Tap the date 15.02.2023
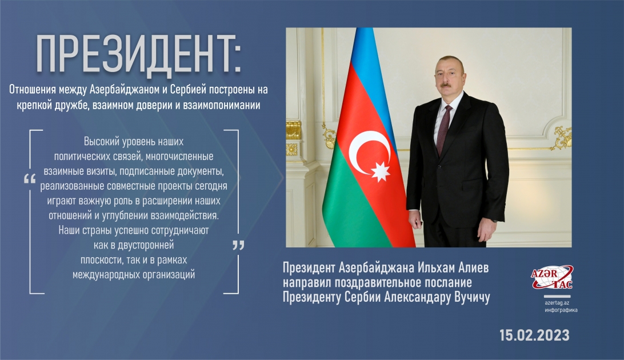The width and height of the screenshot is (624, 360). pos(534,335)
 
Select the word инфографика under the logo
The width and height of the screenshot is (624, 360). pos(561,309)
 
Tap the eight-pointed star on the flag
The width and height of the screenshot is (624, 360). pos(380,170)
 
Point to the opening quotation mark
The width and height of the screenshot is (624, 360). pos(30,179)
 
